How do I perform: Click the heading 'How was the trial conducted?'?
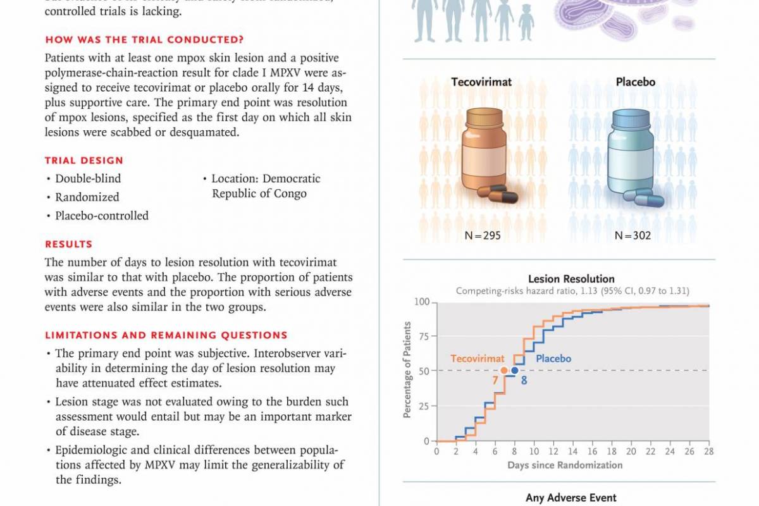[x=145, y=40]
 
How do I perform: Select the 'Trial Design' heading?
[x=84, y=161]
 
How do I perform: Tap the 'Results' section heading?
[x=68, y=244]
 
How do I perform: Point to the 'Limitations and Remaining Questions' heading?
[x=166, y=335]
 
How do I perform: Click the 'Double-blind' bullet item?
[x=88, y=178]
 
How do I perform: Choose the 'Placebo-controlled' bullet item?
[x=102, y=216]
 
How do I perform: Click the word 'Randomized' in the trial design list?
[x=87, y=197]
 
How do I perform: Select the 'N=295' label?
[x=483, y=236]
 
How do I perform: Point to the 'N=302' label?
[x=632, y=236]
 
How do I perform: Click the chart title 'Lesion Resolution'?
[x=571, y=279]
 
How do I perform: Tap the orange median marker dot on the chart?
[x=504, y=371]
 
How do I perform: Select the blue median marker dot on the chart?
[x=515, y=371]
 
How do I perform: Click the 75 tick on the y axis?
[x=422, y=336]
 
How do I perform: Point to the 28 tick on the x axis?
[x=708, y=452]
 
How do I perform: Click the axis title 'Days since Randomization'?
[x=565, y=466]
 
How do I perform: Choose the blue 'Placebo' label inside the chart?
[x=553, y=359]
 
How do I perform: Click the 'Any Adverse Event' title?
[x=571, y=498]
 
